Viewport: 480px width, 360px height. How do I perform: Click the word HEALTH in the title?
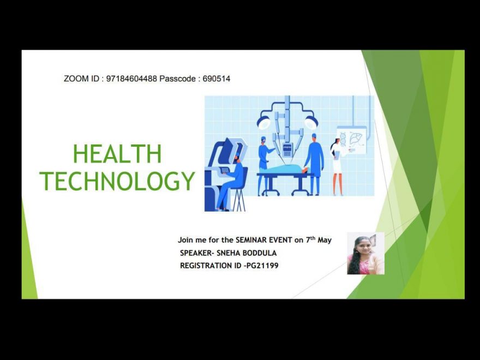click(117, 154)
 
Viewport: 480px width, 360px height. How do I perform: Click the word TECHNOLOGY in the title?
click(117, 181)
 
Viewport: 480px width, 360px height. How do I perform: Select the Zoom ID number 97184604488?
click(131, 79)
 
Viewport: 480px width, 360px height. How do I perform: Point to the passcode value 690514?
click(217, 79)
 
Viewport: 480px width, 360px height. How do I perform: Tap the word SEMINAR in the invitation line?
click(251, 240)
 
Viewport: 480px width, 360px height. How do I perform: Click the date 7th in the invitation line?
click(310, 239)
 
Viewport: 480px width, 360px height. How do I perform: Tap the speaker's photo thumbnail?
click(365, 253)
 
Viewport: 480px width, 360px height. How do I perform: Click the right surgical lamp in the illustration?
click(311, 122)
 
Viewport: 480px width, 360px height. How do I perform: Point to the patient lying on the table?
click(283, 169)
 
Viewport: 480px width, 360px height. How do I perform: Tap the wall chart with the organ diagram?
click(352, 141)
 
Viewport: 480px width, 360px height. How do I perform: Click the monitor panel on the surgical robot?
click(287, 151)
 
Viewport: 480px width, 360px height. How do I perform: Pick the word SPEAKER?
click(196, 253)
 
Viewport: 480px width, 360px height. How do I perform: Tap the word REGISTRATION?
click(206, 266)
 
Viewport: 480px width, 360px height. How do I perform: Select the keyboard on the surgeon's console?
click(225, 170)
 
